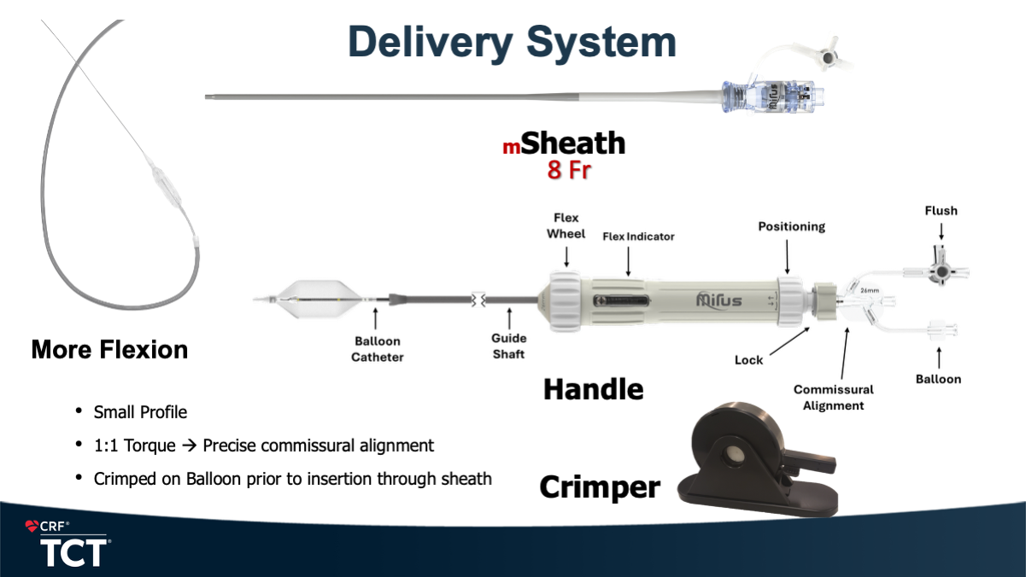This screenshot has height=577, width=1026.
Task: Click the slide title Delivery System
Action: point(513,41)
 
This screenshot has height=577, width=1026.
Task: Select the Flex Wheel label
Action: point(566,225)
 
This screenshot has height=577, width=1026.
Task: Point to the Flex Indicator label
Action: point(638,236)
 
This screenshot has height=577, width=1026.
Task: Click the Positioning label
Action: point(792,226)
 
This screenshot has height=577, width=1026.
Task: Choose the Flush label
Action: point(941,210)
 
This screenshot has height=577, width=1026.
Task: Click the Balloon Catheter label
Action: point(377,348)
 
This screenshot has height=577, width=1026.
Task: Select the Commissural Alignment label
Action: point(834,397)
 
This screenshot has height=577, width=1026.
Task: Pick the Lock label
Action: point(748,360)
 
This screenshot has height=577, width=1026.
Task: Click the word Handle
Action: point(593,389)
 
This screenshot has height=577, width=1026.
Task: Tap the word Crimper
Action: point(600,487)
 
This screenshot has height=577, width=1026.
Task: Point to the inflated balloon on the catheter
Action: point(322,300)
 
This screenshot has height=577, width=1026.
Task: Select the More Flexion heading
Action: point(109,349)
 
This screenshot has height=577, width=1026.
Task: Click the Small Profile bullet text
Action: point(140,412)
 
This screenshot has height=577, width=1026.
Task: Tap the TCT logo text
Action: point(75,552)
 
